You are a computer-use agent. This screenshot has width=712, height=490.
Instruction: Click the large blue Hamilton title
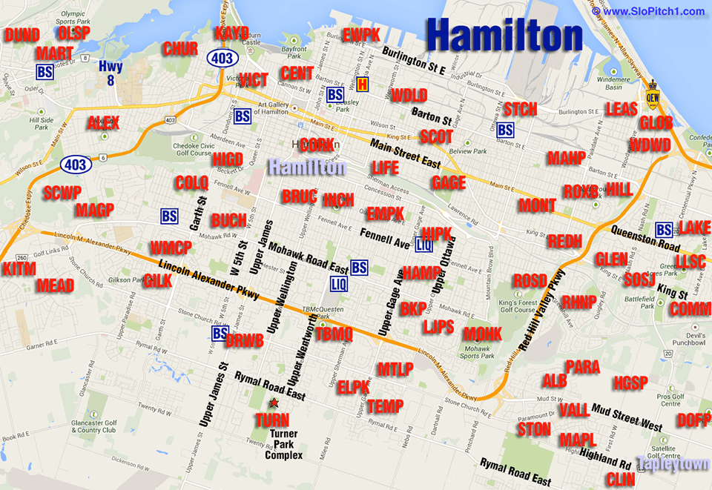pyautogui.click(x=504, y=35)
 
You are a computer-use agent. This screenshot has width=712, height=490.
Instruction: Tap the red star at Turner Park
pyautogui.click(x=274, y=403)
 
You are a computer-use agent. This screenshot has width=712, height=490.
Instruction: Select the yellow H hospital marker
pyautogui.click(x=362, y=85)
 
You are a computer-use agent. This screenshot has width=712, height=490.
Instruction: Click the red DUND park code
pyautogui.click(x=22, y=35)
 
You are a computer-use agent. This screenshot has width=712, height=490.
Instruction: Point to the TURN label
pyautogui.click(x=271, y=420)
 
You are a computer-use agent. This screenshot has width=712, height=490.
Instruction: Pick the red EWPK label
pyautogui.click(x=361, y=35)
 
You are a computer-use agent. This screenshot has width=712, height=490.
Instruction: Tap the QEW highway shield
pyautogui.click(x=653, y=94)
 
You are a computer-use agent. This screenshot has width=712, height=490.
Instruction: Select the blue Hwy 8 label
pyautogui.click(x=111, y=73)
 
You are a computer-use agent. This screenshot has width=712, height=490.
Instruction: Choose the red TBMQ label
pyautogui.click(x=334, y=334)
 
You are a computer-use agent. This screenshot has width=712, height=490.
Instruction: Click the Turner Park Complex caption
pyautogui.click(x=285, y=445)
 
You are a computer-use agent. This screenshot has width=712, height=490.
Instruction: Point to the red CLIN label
pyautogui.click(x=620, y=479)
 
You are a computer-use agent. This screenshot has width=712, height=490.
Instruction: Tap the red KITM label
pyautogui.click(x=19, y=268)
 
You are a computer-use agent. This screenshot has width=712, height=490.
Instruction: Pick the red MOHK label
pyautogui.click(x=482, y=333)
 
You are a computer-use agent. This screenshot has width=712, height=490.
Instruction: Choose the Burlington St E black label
pyautogui.click(x=414, y=61)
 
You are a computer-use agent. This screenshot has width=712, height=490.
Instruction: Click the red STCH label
pyautogui.click(x=519, y=109)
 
